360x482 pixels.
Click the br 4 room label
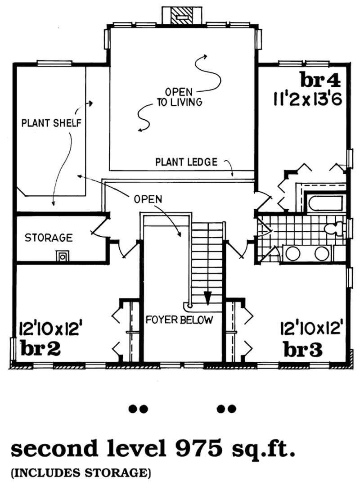(x=320, y=80)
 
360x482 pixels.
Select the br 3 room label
(x=303, y=350)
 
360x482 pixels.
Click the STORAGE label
(x=49, y=238)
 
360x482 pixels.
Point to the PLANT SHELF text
(x=51, y=123)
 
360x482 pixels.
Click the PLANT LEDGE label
(x=186, y=162)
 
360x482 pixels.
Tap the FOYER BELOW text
(x=179, y=320)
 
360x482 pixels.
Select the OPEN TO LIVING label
(x=180, y=97)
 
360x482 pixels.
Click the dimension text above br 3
(x=311, y=328)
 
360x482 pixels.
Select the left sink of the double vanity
(x=293, y=253)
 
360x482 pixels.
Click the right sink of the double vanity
(x=322, y=253)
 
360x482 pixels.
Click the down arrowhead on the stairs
(x=207, y=297)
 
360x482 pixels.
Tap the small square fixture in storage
(x=63, y=256)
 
